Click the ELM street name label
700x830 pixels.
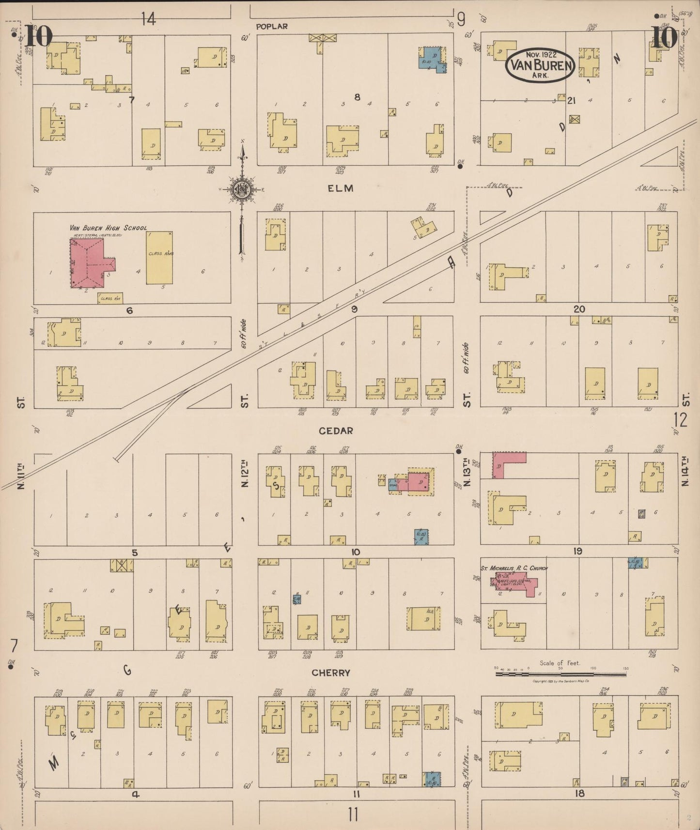pos(341,188)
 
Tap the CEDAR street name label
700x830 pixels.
pos(336,430)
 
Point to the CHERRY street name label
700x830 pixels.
pos(331,673)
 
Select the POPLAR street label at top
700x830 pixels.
pos(272,27)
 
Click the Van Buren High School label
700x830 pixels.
pos(108,228)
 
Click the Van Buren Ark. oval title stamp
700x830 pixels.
pos(540,64)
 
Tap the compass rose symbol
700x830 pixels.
pos(241,189)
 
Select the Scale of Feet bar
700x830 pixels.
pos(560,673)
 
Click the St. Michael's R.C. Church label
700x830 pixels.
pos(513,568)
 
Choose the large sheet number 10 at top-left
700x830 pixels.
pos(38,36)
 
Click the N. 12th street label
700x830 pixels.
pos(245,475)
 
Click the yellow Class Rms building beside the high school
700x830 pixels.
pos(159,258)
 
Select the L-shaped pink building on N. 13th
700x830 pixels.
pos(504,462)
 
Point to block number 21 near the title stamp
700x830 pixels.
pos(572,100)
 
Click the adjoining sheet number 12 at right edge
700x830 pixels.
pos(680,420)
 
